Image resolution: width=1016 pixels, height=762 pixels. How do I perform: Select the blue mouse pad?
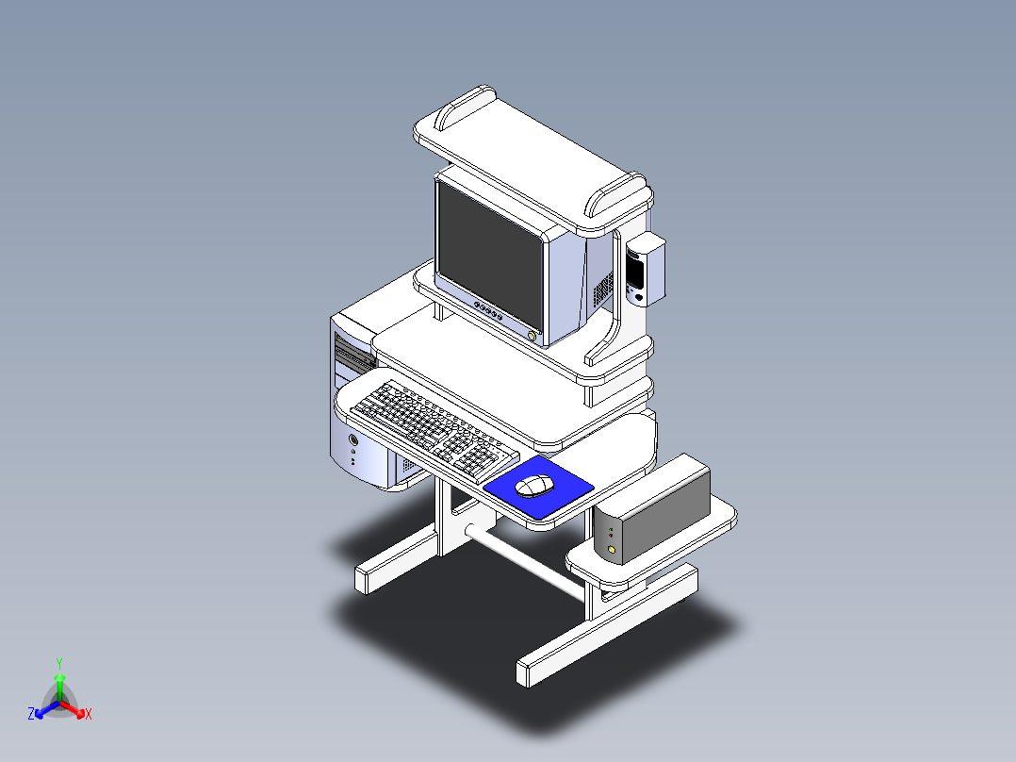pos(565,495)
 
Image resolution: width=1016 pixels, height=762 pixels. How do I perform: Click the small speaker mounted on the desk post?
pos(646,270)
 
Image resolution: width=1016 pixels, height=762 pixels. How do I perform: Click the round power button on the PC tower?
pos(353,439)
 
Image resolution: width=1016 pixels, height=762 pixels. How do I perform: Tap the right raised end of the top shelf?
pos(617,194)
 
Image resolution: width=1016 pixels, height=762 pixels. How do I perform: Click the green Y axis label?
pos(58,663)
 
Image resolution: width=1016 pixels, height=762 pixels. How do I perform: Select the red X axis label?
pos(89,715)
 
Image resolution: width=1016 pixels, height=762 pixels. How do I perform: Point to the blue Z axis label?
pos(31,714)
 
